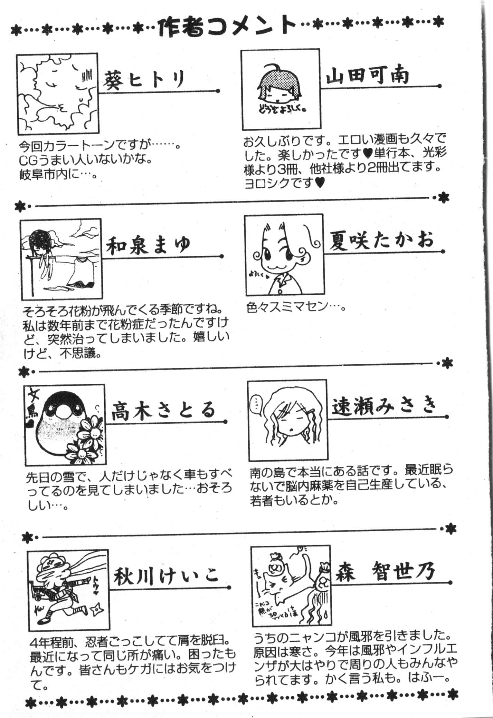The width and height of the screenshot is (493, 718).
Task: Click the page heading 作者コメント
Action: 226,27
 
